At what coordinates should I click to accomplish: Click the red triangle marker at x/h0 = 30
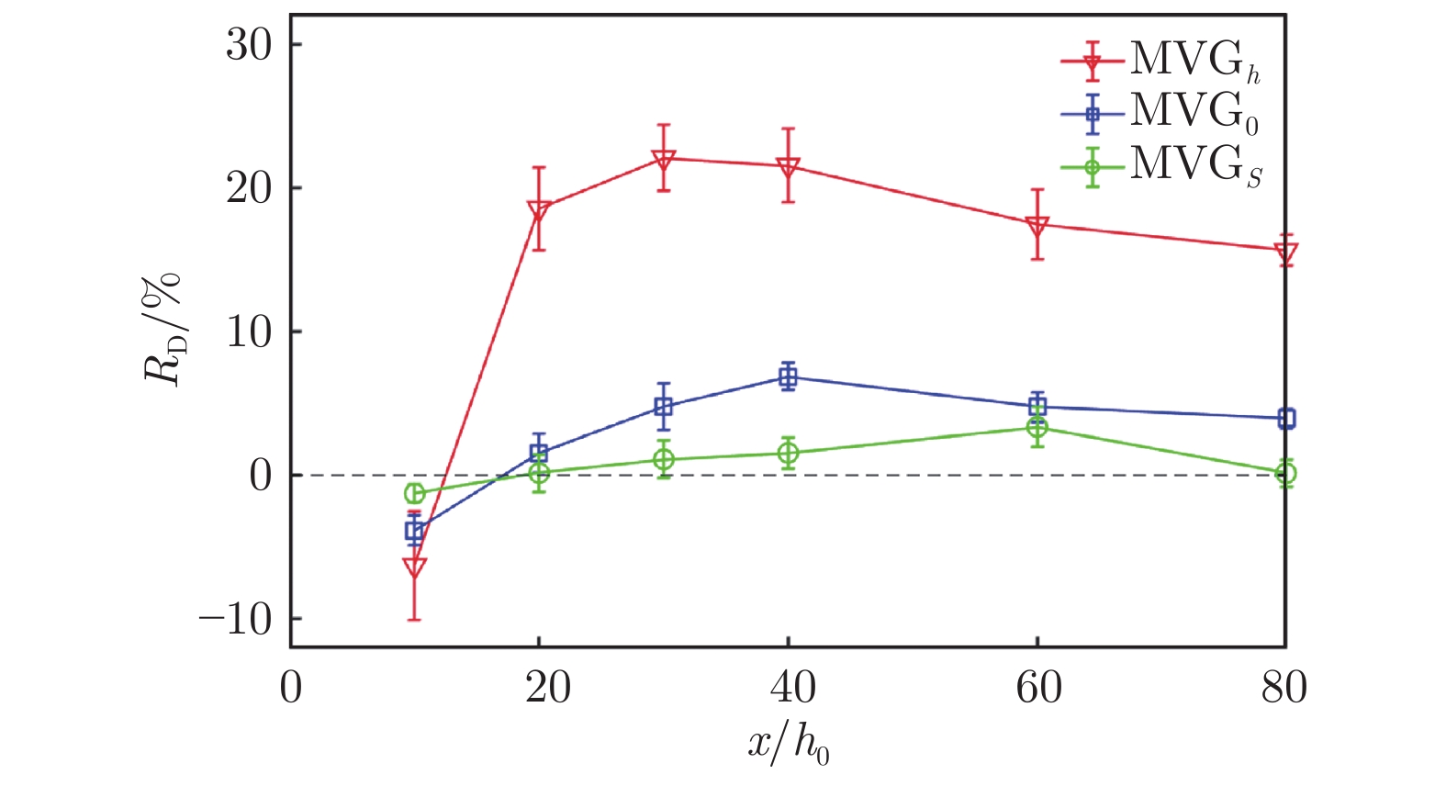664,160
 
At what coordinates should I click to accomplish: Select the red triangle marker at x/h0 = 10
414,568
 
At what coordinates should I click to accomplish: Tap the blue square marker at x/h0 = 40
788,376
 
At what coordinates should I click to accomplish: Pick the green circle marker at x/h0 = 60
1037,427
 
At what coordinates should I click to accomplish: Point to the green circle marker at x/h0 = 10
414,493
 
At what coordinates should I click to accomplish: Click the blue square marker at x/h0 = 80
1285,419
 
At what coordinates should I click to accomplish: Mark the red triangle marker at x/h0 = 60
1037,225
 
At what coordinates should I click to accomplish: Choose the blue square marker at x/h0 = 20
539,453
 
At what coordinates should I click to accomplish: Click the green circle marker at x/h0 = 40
788,453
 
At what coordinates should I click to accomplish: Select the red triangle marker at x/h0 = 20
539,210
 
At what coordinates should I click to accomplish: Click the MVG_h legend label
1194,61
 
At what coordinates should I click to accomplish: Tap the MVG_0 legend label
1194,112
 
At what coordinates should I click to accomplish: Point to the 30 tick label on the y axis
250,45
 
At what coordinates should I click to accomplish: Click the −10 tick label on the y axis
236,620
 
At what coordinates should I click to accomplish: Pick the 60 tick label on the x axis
1037,688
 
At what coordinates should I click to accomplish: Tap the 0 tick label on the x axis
290,688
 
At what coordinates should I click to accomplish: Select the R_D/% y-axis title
163,331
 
